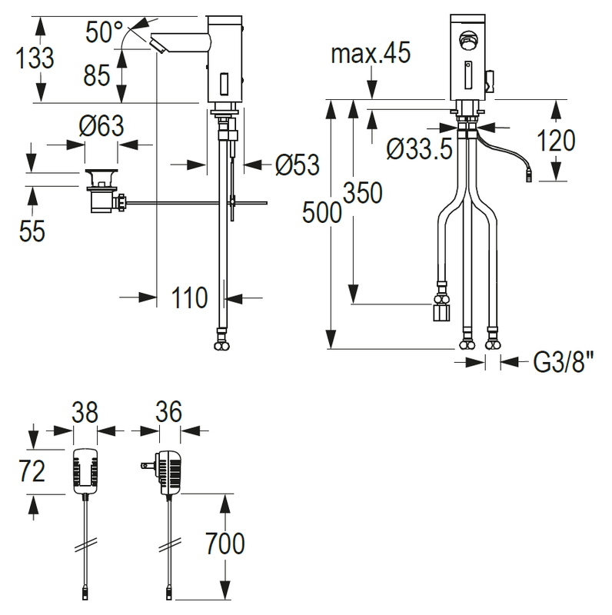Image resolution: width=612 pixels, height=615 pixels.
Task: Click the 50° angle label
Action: [104, 32]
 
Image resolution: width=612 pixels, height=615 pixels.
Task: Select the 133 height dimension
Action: [35, 58]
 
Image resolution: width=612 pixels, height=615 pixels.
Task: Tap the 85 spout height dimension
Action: [97, 75]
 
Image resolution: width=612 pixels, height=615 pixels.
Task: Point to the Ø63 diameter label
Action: [101, 125]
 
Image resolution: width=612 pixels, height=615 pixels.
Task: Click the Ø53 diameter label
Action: [298, 165]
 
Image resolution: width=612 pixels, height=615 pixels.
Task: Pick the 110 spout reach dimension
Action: [189, 298]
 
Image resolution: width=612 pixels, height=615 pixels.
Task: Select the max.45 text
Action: [371, 52]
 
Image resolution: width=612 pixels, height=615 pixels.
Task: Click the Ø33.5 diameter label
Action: [419, 149]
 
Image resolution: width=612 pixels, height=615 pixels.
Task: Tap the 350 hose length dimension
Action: [362, 193]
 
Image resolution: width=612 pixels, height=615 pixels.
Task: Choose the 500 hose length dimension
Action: [321, 212]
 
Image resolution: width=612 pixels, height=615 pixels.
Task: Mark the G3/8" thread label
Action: [563, 361]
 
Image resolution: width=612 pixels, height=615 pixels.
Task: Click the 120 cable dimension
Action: [556, 141]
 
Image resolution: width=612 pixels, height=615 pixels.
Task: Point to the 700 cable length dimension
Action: [225, 544]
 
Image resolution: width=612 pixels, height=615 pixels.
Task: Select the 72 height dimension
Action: [32, 471]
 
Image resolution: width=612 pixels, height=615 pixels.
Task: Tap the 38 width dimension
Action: [85, 412]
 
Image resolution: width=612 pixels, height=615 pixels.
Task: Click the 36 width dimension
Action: [169, 411]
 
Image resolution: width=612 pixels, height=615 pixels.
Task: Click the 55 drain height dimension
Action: [32, 231]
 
